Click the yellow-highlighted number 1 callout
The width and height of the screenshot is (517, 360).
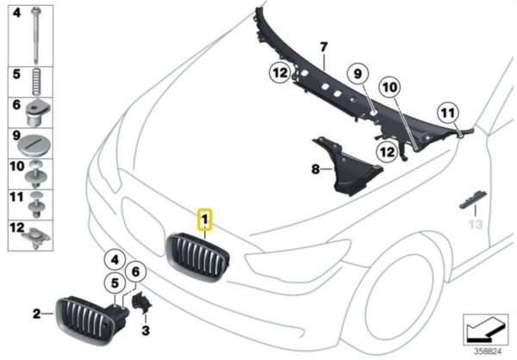205,220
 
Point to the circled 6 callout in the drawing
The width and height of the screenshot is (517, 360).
134,273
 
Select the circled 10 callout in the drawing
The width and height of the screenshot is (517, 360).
389,86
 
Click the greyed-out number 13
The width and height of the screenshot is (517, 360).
472,225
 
